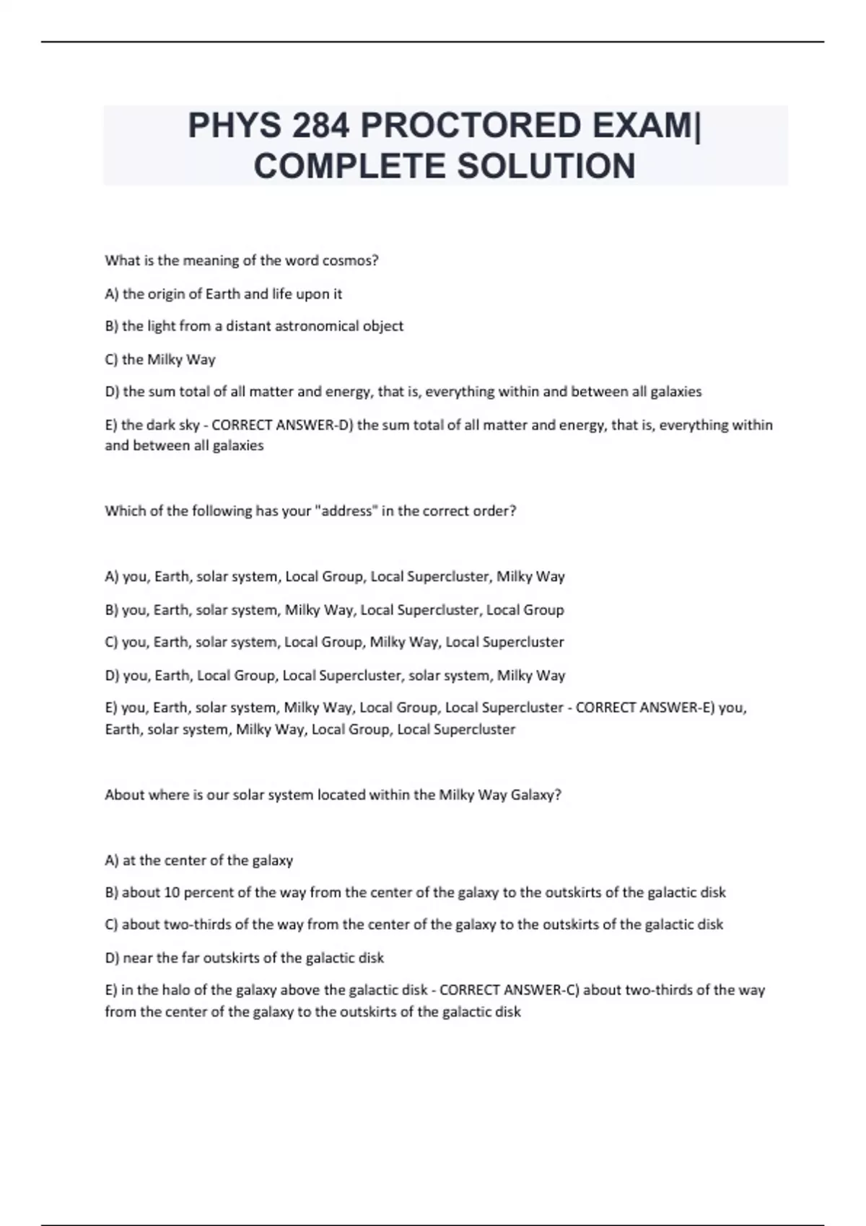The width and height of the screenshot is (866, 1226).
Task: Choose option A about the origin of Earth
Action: [x=223, y=294]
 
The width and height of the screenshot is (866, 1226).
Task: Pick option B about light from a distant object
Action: [x=253, y=326]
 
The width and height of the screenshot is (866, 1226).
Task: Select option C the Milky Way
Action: [x=159, y=359]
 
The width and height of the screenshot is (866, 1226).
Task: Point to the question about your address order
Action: [x=310, y=511]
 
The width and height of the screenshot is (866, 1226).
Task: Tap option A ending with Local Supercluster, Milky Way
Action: [x=334, y=576]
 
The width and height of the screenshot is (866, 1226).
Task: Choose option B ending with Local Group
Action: [x=334, y=609]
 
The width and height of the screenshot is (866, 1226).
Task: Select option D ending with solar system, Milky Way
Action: [x=334, y=675]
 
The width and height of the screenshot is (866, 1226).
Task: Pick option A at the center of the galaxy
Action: [x=198, y=860]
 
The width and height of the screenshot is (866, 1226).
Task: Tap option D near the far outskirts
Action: [x=244, y=958]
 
